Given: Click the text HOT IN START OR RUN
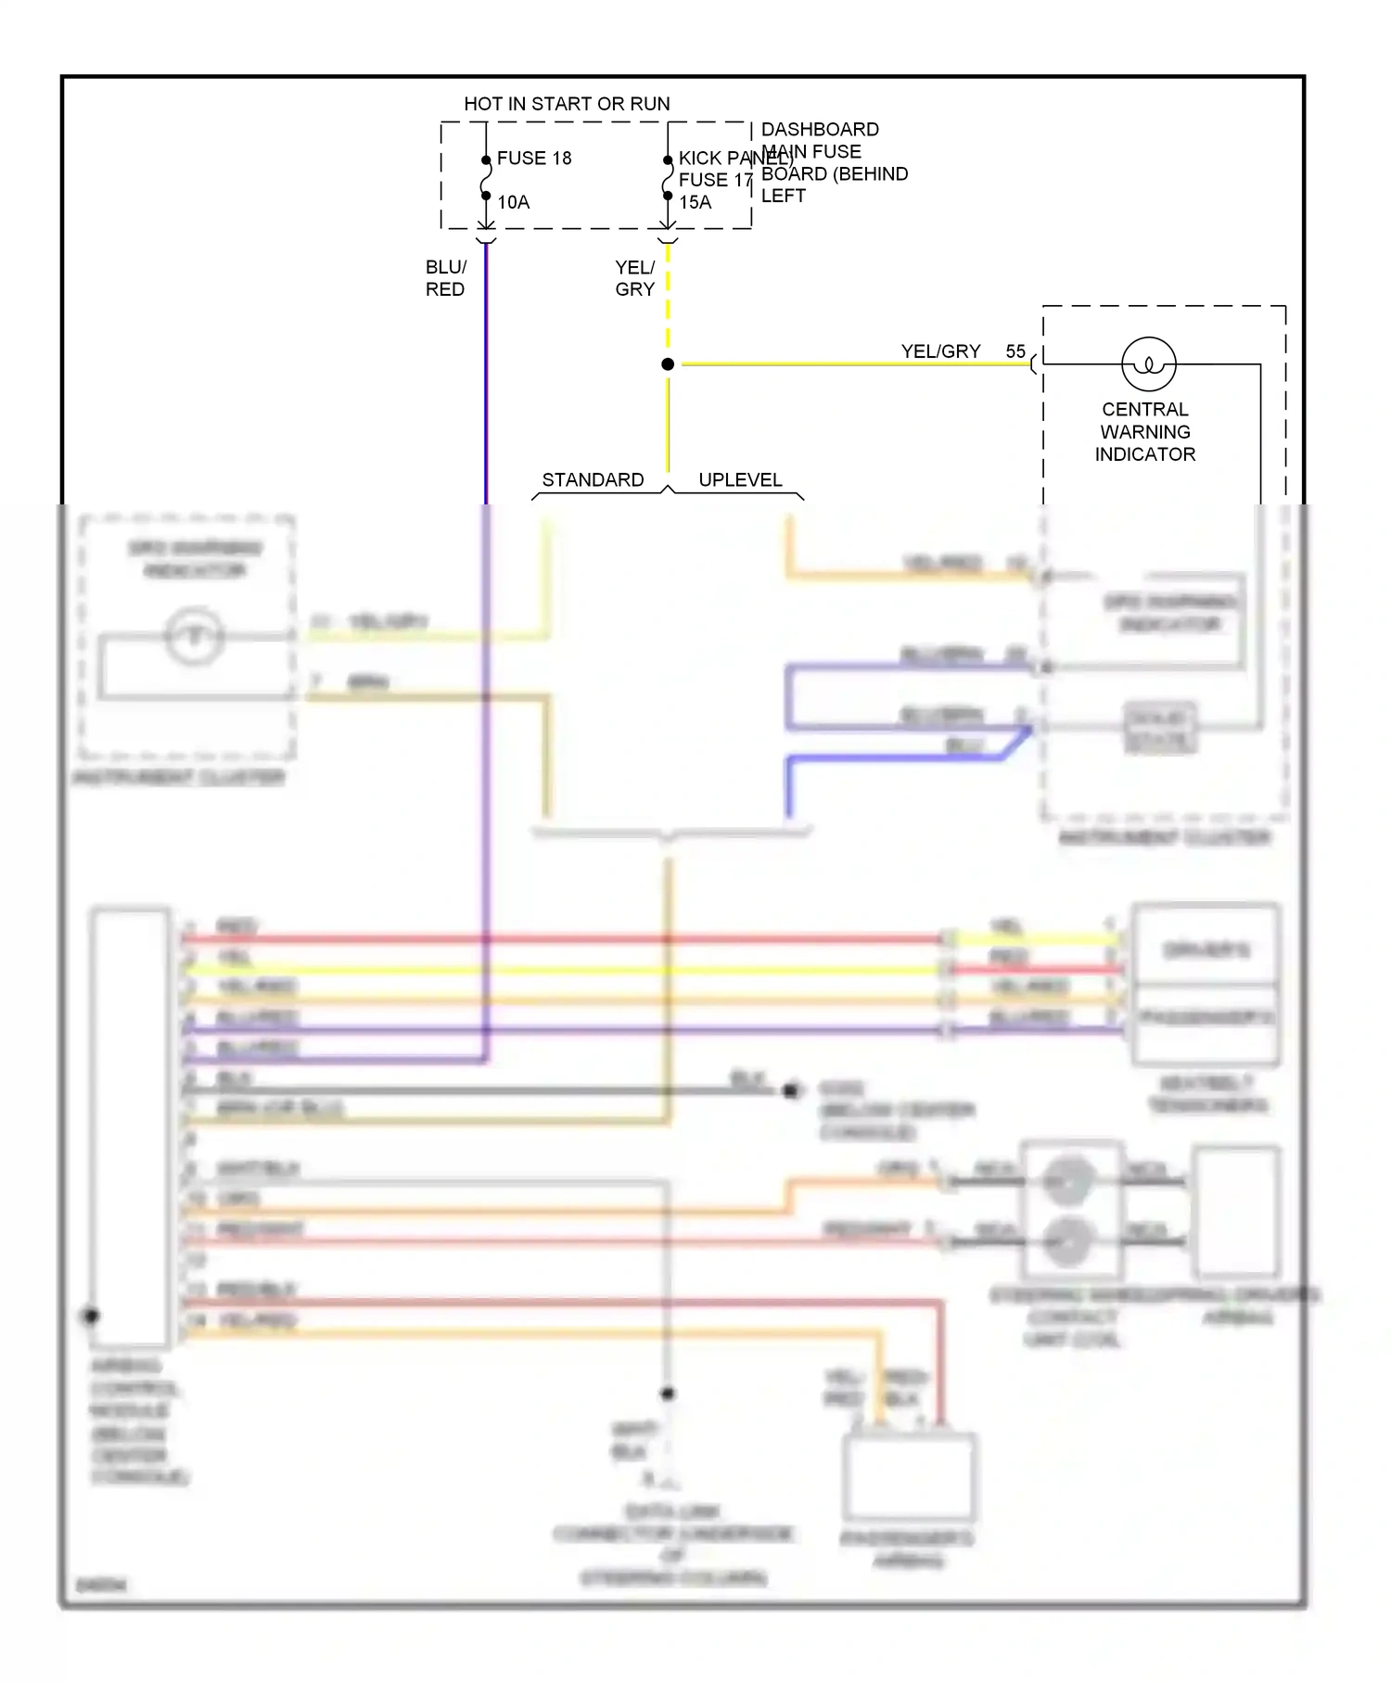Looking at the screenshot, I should point(567,104).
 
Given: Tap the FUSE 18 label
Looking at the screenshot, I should point(534,159).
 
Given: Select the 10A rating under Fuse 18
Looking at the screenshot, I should point(513,202).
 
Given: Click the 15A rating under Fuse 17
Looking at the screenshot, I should point(695,202).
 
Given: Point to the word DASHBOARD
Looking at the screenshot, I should point(820,130).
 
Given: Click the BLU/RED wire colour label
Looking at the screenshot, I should point(445,278).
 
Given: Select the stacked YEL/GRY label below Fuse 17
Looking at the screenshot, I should point(634,278).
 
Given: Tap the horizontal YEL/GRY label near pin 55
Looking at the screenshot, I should point(940,351).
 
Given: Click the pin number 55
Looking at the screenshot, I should point(1015,351).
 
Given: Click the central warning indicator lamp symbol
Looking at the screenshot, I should point(1149,363).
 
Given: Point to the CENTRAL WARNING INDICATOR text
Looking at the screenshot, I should point(1145,432).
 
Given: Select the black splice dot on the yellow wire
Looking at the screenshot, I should point(668,364).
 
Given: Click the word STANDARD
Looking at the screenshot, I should point(593,480).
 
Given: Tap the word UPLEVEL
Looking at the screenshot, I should point(740,480).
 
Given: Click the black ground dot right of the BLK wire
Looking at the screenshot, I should point(790,1091).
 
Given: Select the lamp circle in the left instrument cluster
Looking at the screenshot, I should point(194,636).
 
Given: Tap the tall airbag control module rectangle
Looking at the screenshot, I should point(130,1127).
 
